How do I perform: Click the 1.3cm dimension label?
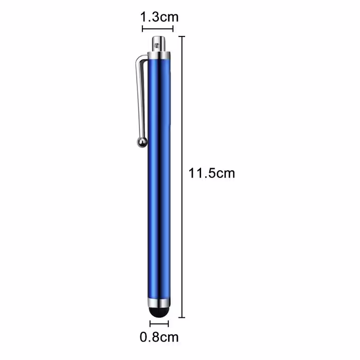coord(159,17)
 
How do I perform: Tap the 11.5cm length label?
coord(212,173)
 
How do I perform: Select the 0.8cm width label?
coord(159,337)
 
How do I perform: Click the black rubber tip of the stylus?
coord(158,313)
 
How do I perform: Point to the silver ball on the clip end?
coord(142,142)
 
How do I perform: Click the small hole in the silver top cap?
coord(157,45)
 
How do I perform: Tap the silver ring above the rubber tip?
coord(159,303)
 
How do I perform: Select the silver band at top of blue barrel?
coord(159,56)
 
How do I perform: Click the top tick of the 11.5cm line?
coord(182,37)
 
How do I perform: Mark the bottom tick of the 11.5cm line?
coord(182,317)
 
